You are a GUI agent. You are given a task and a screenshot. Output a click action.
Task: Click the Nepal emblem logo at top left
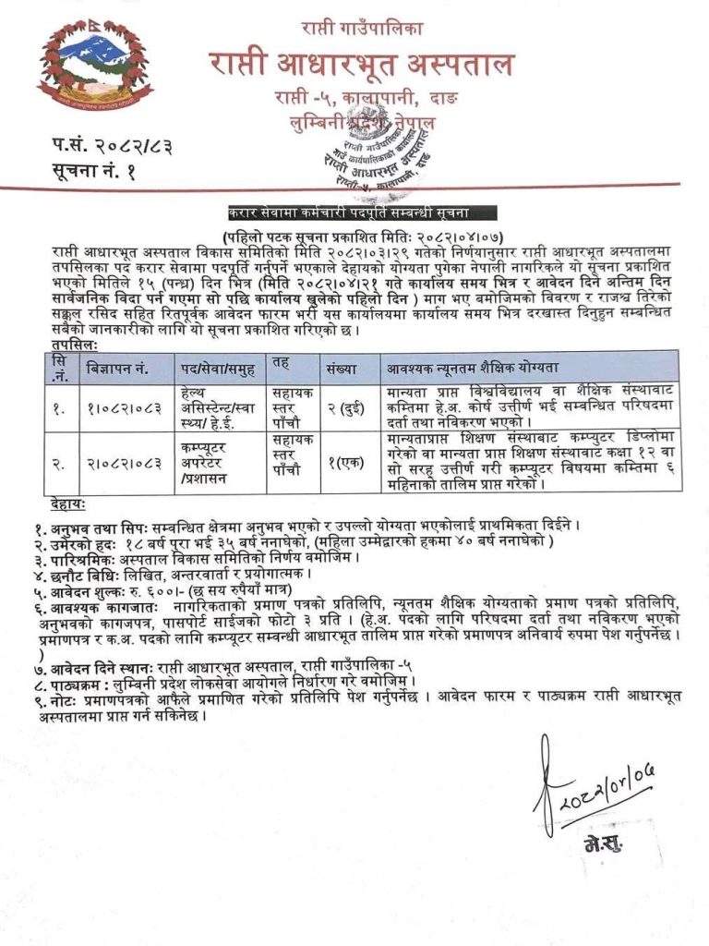[95, 69]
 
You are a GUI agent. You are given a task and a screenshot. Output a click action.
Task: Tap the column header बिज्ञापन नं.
[119, 368]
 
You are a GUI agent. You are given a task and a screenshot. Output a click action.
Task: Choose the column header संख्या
[341, 368]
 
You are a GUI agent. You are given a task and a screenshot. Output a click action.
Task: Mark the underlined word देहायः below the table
[70, 503]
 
